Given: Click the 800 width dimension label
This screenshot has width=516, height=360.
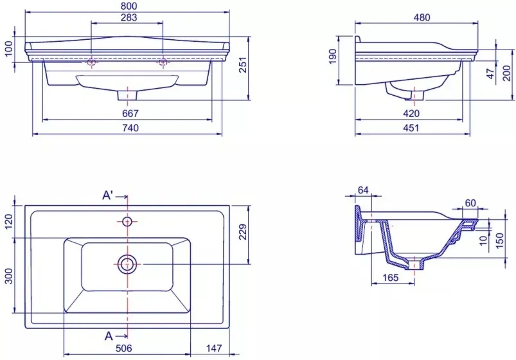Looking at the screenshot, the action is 129,6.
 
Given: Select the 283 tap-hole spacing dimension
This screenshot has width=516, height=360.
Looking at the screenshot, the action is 129,17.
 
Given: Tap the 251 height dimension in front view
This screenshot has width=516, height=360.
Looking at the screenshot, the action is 242,65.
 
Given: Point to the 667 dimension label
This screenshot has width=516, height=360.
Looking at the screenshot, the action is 130,113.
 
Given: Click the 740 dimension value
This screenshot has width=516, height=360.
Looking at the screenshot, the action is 130,127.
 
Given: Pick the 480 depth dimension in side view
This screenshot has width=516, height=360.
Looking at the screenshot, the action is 422,17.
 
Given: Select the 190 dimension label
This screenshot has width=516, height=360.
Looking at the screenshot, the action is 333,57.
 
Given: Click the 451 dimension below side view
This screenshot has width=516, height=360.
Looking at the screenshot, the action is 411,127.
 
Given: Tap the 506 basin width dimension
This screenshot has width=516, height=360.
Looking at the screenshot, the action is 124,348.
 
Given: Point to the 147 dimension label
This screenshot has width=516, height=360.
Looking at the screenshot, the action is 214,348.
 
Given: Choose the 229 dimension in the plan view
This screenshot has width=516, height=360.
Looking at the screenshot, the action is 242,232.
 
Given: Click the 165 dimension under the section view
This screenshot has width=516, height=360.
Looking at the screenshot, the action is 391,278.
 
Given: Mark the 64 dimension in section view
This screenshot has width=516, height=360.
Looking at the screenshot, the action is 363,190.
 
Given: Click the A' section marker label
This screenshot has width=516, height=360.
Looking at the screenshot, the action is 108,195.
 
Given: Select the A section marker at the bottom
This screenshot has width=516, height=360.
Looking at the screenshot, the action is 109,336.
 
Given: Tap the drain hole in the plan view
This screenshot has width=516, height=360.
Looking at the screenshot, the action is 127,264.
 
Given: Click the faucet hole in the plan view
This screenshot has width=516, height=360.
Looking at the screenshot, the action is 127,222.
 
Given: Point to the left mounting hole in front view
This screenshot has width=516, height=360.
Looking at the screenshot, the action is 91,62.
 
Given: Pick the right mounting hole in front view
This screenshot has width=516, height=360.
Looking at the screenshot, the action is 163,62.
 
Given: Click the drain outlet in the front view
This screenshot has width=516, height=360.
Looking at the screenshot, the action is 127,95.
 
